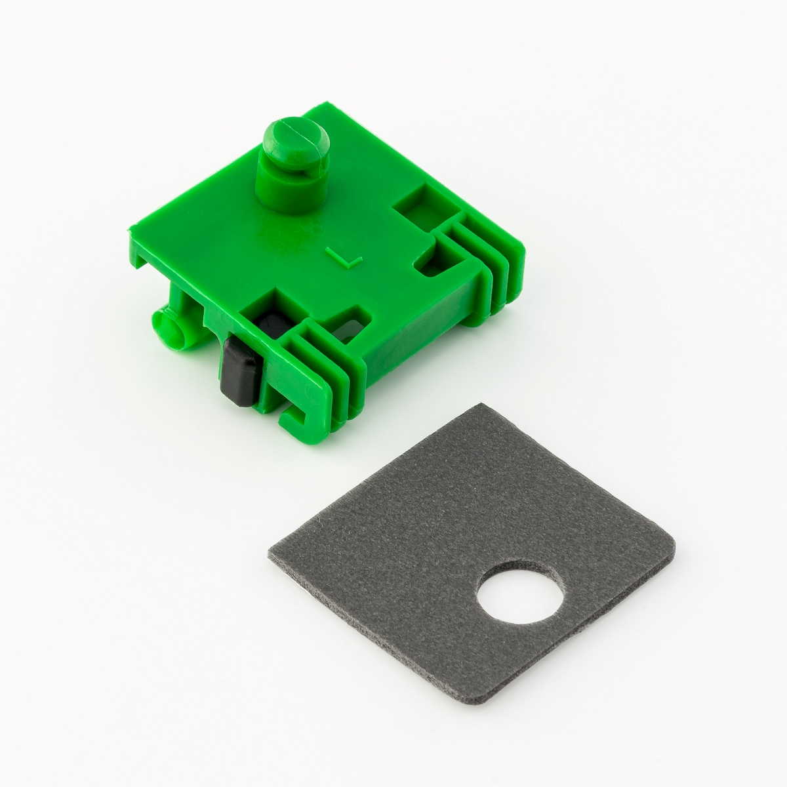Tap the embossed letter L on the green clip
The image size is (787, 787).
344,256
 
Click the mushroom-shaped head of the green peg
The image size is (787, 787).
296,146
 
